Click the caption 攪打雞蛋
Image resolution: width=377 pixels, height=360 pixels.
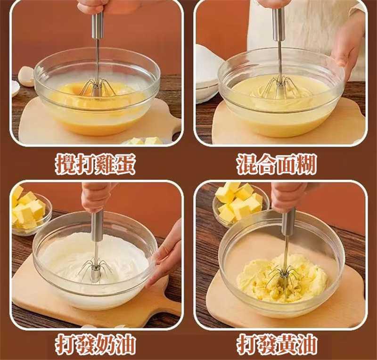coord(95,164)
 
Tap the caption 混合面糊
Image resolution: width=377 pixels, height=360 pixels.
coord(276,164)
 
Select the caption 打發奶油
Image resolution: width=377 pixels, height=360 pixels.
coord(95,344)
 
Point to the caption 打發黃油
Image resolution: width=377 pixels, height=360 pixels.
coord(277,344)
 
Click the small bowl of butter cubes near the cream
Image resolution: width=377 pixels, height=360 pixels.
coord(29,212)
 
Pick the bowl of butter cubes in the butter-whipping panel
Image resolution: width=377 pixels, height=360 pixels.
coord(240,205)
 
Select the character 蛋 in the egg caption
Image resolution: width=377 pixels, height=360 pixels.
coord(125,164)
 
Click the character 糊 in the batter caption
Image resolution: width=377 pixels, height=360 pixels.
coord(306,164)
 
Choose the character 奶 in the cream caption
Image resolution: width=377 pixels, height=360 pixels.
coord(105,344)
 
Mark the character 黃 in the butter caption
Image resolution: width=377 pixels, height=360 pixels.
coord(287,344)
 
